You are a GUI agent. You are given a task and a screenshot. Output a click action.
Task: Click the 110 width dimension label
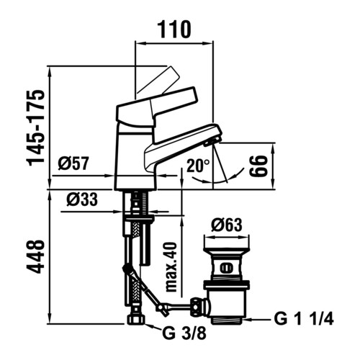174,30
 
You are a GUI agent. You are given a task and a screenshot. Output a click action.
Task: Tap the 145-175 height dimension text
37,128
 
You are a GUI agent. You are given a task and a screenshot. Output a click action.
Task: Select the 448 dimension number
37,257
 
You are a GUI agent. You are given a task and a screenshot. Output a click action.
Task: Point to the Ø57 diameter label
73,163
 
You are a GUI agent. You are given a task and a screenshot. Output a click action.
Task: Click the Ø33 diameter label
82,199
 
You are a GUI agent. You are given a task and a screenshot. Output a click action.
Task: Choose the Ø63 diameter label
227,225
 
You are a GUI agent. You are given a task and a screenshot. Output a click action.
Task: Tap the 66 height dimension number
258,166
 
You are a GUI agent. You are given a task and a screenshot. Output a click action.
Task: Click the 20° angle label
199,166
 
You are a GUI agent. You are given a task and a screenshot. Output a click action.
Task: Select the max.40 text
171,266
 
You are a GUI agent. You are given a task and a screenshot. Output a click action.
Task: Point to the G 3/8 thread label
184,333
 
